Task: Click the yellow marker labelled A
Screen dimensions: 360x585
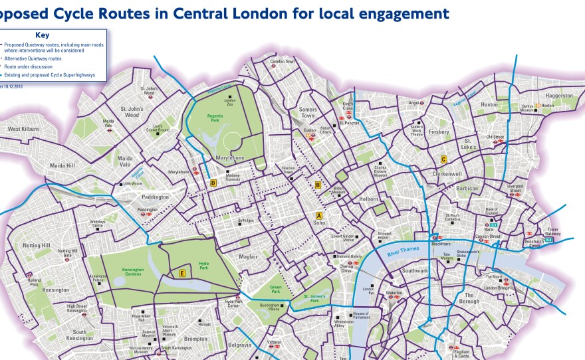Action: click(319, 215)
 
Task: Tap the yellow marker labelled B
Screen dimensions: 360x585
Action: click(318, 185)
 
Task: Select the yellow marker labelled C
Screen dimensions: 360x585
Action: click(443, 159)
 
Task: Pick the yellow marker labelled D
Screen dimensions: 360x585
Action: click(213, 183)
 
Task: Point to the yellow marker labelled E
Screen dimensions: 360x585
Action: click(181, 273)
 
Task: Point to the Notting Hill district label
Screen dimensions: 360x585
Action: click(37, 245)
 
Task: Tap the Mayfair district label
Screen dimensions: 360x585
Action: click(248, 256)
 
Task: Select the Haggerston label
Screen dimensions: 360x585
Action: click(558, 95)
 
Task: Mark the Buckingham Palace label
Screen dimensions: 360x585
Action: click(273, 307)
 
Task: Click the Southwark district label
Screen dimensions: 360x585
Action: click(415, 270)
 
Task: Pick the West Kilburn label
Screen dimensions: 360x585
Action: click(23, 129)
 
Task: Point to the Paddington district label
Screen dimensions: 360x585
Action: click(156, 197)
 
